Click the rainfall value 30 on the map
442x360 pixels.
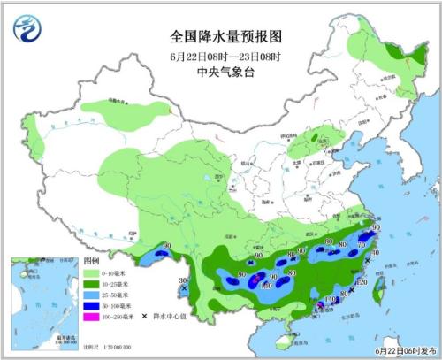(x=184, y=281)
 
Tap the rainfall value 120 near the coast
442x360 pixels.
(x=360, y=282)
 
